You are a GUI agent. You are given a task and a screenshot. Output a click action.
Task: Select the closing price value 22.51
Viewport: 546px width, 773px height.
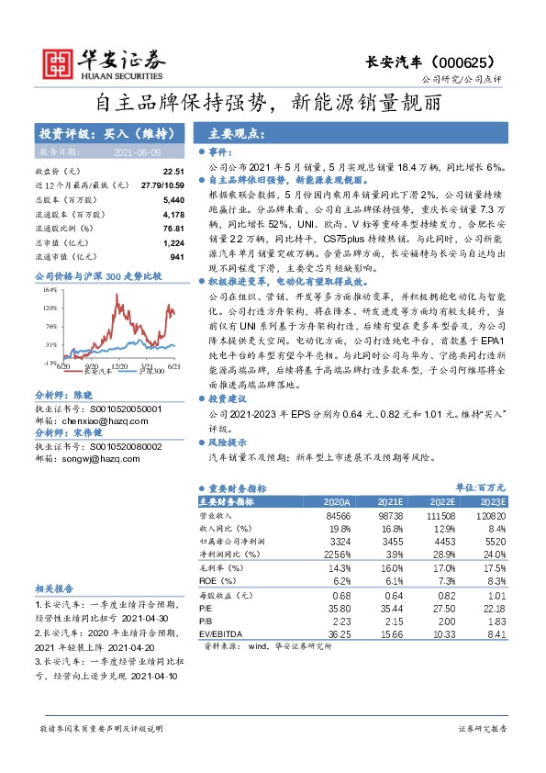tap(173, 171)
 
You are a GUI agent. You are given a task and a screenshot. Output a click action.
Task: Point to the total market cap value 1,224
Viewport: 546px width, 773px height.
tap(173, 242)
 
